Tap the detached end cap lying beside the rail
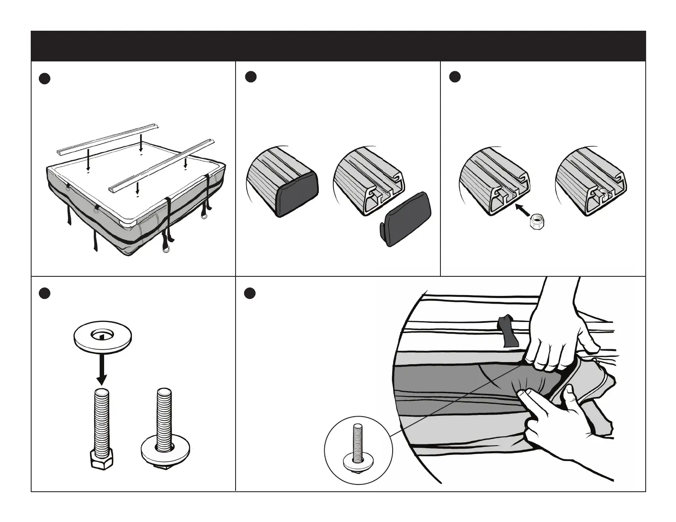(x=406, y=217)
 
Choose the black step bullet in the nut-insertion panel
(x=455, y=77)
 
